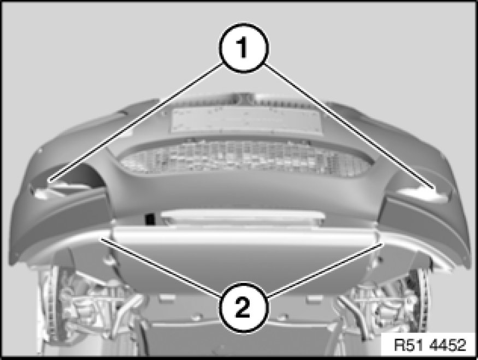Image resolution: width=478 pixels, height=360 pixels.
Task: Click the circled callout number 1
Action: [x=244, y=48]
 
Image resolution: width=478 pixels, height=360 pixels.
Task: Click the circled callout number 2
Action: [x=244, y=307]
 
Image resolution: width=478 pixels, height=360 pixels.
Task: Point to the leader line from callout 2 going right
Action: [x=325, y=269]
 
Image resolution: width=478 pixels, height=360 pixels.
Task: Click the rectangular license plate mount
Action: [x=246, y=120]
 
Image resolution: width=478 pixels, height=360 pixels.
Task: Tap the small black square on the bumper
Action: [x=150, y=219]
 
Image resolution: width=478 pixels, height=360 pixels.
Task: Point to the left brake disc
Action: [x=50, y=302]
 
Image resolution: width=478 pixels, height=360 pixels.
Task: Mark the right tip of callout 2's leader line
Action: [x=382, y=243]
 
